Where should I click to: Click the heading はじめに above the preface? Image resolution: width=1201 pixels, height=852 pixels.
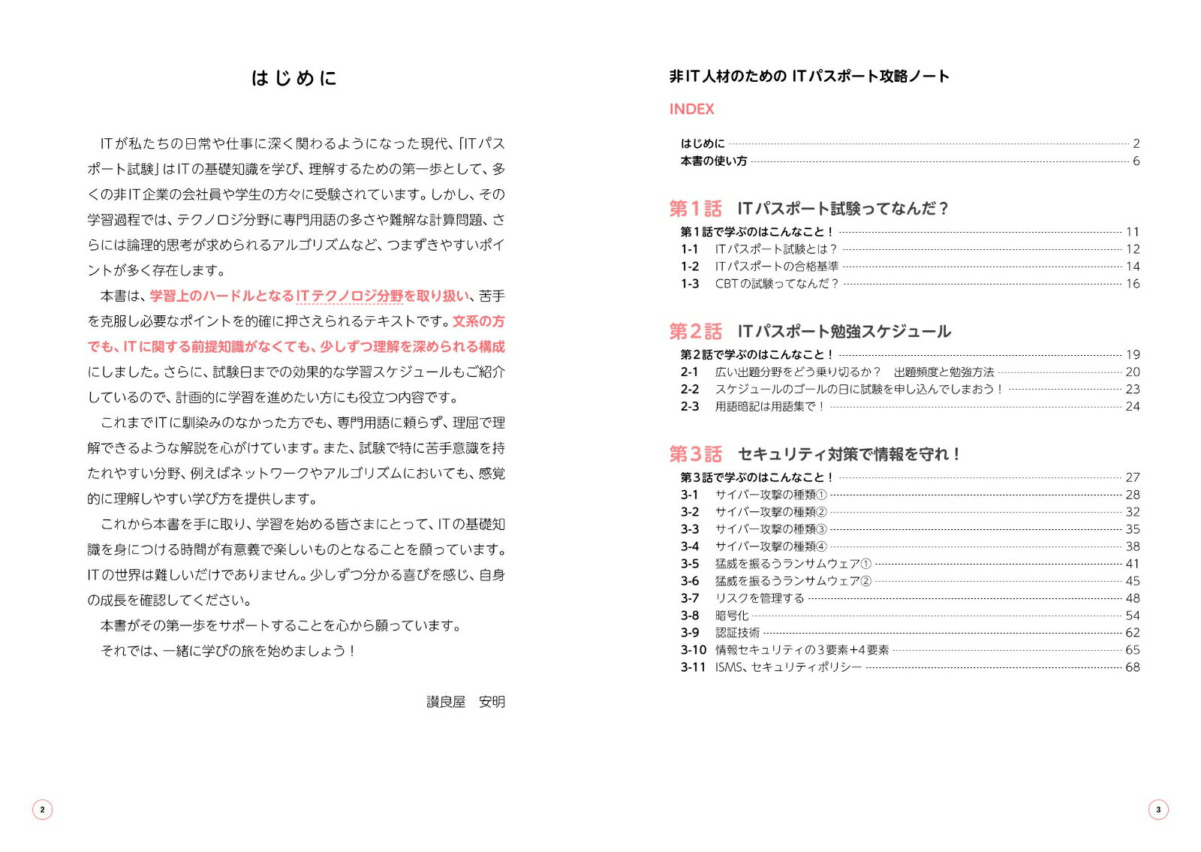tap(294, 78)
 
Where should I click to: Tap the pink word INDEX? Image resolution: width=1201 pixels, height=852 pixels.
tap(691, 110)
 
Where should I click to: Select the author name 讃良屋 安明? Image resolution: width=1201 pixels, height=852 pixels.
tap(465, 702)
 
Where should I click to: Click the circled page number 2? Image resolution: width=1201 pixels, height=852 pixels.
tap(43, 809)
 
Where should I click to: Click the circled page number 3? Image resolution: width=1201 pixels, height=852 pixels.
tap(1158, 809)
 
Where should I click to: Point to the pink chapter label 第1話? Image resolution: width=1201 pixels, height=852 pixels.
tap(695, 209)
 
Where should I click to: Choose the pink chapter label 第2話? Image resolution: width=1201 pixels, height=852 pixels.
tap(695, 331)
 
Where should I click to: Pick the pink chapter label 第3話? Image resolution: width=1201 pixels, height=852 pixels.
tap(695, 454)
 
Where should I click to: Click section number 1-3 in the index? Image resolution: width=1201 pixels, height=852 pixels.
tap(690, 284)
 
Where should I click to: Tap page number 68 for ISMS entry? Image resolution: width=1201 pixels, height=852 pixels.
tap(1132, 667)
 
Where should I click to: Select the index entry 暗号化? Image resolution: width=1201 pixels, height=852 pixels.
tap(732, 616)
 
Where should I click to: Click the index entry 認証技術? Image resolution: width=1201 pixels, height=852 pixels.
tap(737, 633)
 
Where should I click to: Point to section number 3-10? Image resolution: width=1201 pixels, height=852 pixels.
tap(694, 650)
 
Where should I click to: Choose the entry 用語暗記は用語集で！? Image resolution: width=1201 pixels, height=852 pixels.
tap(770, 407)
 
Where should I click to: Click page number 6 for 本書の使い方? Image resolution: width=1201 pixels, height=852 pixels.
tap(1136, 161)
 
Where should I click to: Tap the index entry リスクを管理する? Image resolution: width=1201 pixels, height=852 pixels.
tap(760, 598)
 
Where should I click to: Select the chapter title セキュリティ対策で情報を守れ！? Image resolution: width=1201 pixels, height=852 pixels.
tap(849, 454)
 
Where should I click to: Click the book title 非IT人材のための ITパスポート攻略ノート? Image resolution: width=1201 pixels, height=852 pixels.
tap(809, 77)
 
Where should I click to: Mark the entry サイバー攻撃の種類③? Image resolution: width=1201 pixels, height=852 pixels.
tap(771, 529)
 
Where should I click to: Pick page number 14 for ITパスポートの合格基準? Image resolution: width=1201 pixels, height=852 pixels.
tap(1132, 266)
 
